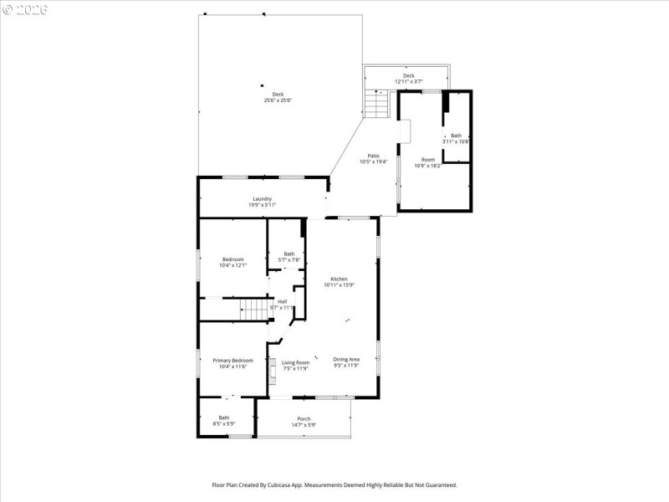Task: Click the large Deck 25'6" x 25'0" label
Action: [278, 97]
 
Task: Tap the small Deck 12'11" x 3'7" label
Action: [408, 79]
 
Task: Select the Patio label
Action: [375, 158]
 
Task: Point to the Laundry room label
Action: [262, 202]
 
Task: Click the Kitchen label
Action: [339, 282]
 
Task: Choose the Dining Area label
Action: [346, 361]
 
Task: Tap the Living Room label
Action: [295, 365]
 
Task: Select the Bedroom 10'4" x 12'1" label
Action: [232, 262]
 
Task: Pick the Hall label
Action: [283, 305]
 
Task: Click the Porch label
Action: [304, 422]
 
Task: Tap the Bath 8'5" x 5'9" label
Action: [224, 421]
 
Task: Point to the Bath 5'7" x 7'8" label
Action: [289, 257]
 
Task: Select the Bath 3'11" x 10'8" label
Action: [456, 138]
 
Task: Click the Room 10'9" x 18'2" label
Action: [427, 162]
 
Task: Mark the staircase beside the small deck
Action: [377, 105]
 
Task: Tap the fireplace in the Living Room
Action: [271, 371]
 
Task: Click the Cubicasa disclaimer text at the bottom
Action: [334, 484]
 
